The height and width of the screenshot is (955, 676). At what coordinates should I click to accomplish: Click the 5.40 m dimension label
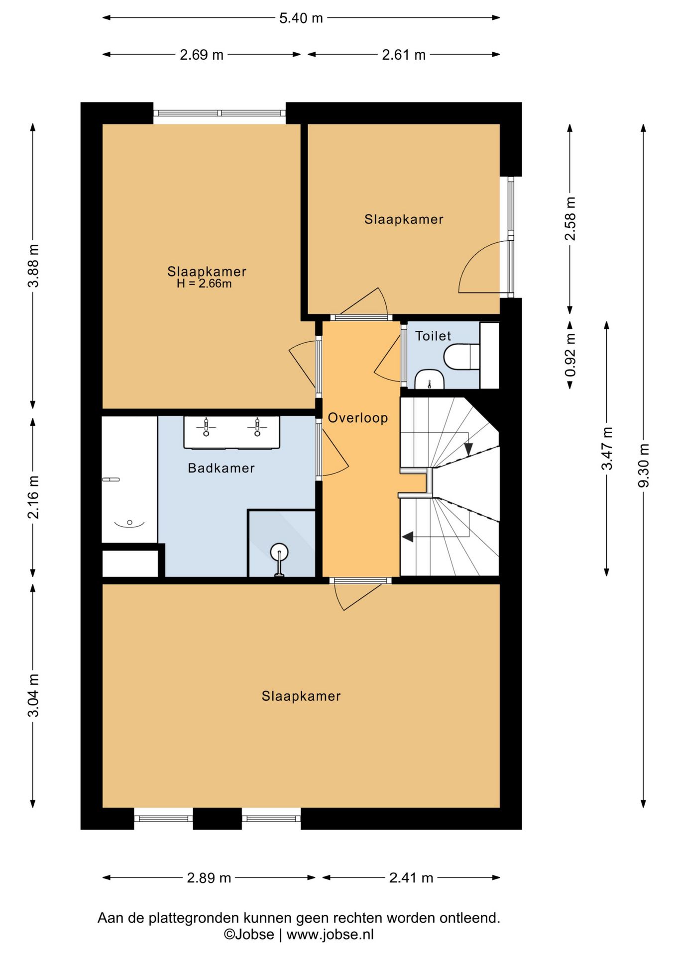point(301,18)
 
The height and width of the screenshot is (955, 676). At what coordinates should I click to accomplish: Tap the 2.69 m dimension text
point(202,54)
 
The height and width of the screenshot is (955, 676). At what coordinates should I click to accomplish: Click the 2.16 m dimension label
point(33,497)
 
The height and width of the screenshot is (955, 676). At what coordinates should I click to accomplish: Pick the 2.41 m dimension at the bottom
point(411,877)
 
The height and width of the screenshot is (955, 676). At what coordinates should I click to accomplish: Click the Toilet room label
point(433,336)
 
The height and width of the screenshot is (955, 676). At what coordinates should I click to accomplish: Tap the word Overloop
point(358,418)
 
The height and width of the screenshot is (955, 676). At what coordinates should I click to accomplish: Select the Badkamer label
point(222,468)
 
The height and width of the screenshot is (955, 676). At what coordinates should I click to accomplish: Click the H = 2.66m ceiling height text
point(204,284)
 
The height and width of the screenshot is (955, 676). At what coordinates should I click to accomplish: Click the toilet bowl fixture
point(461,357)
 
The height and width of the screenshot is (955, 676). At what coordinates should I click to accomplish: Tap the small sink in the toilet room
point(429,379)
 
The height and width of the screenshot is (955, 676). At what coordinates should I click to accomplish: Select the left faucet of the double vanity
point(206,427)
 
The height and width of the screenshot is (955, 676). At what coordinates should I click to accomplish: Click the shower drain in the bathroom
point(279,552)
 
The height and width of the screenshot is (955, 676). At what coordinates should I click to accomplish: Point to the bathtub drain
point(129,522)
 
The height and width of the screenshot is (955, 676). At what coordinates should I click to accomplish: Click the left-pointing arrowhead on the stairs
point(408,537)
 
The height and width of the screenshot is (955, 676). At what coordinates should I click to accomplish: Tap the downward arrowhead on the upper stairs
point(468,449)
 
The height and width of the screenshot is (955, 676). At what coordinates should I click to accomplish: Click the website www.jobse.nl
point(330,934)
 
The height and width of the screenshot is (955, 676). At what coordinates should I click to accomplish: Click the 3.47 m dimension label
point(607,448)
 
